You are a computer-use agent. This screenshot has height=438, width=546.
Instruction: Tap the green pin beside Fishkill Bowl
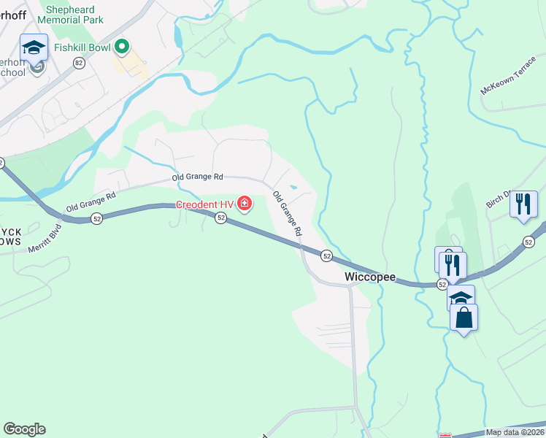(x=121, y=47)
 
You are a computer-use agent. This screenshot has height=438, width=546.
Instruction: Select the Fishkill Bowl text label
(x=81, y=50)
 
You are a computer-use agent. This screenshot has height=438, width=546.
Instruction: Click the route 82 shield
(x=78, y=64)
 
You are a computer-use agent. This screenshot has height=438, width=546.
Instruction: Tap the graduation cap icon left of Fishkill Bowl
(x=33, y=48)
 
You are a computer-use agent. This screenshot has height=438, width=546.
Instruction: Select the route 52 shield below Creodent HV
(x=221, y=218)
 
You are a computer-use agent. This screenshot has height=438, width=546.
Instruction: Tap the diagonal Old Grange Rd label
(x=287, y=212)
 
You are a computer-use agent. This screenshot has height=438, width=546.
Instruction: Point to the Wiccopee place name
(x=370, y=277)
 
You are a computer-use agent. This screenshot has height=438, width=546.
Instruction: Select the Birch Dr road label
(x=500, y=201)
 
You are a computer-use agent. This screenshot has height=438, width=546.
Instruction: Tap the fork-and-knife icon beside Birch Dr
(x=523, y=204)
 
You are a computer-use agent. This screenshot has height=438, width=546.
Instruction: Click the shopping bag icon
(x=464, y=318)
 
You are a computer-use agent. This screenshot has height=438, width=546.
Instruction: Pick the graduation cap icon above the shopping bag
(x=461, y=298)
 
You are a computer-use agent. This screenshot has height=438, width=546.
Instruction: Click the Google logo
(x=25, y=429)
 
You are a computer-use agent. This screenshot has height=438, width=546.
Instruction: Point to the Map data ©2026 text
(x=515, y=432)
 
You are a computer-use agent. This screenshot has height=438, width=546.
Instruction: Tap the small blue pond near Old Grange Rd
(x=293, y=187)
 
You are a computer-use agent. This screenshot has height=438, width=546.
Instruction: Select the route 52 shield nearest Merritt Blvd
(x=96, y=218)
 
